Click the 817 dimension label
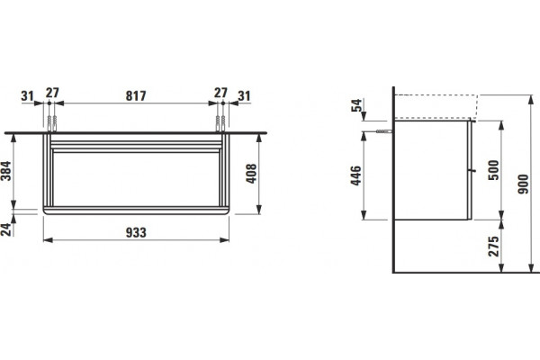tap(136, 95)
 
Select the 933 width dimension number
tap(136, 233)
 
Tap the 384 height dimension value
tap(6, 171)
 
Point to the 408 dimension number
tap(251, 174)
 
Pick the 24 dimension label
tap(6, 229)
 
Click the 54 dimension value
tap(356, 105)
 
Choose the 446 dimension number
tap(356, 175)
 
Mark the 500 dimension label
tap(493, 170)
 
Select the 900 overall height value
tap(523, 184)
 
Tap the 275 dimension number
tap(493, 247)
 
